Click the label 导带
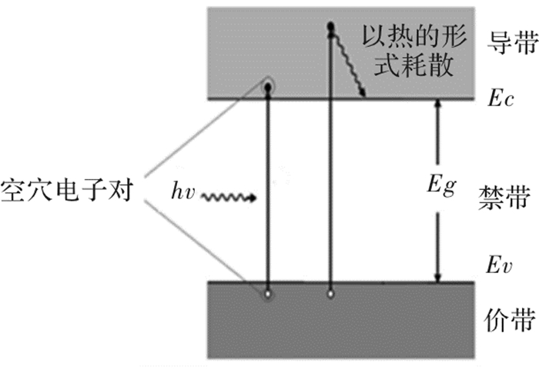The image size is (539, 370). coord(513,43)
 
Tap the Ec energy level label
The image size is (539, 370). coord(500,99)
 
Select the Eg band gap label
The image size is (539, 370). coord(442,185)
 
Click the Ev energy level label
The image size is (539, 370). coord(499,265)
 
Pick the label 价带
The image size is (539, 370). coord(510,320)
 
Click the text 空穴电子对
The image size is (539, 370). coord(67,190)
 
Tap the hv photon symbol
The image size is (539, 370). coord(183,191)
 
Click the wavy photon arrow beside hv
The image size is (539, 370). coord(228,198)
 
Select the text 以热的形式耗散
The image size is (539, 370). coord(414,51)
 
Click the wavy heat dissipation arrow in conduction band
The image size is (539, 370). coord(347,63)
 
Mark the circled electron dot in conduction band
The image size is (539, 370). coord(268,88)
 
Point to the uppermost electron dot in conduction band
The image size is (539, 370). coord(330,26)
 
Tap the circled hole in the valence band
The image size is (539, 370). coord(268,294)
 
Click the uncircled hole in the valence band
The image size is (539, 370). coord(330,294)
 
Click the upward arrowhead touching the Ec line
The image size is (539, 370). coord(437,103)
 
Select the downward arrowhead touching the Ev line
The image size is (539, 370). coord(437,278)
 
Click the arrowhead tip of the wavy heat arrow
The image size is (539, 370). coord(363,96)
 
